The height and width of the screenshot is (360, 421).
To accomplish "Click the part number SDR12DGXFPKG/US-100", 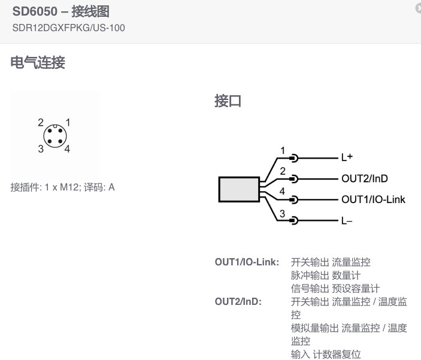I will pyautogui.click(x=68, y=28).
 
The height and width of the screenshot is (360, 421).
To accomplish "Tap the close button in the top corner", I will pyautogui.click(x=418, y=8).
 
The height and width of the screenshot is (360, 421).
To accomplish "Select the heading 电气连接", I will pyautogui.click(x=38, y=62).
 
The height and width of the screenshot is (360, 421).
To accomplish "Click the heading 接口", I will pyautogui.click(x=228, y=101).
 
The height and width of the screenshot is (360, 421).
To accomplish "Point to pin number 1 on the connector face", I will pyautogui.click(x=68, y=122).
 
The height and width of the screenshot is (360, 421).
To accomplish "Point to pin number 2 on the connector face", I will pyautogui.click(x=41, y=122).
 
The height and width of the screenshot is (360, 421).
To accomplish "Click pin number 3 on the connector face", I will pyautogui.click(x=41, y=149).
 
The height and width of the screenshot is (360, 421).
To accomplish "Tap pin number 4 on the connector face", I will pyautogui.click(x=68, y=149).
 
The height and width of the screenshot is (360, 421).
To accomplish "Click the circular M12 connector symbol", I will pyautogui.click(x=54, y=136).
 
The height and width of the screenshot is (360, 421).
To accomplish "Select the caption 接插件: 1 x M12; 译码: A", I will pyautogui.click(x=62, y=187).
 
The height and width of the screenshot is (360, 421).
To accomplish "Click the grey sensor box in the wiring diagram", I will pyautogui.click(x=238, y=189).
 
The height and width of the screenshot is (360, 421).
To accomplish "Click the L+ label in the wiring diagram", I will pyautogui.click(x=347, y=158).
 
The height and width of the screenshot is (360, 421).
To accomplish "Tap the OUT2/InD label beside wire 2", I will pyautogui.click(x=364, y=179).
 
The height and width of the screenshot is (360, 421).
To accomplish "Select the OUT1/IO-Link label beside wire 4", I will pyautogui.click(x=372, y=199).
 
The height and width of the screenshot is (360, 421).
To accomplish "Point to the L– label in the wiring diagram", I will pyautogui.click(x=347, y=220).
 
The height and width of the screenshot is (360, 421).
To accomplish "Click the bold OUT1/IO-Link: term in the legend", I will pyautogui.click(x=247, y=262).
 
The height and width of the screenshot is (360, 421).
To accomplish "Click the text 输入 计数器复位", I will pyautogui.click(x=326, y=355).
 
